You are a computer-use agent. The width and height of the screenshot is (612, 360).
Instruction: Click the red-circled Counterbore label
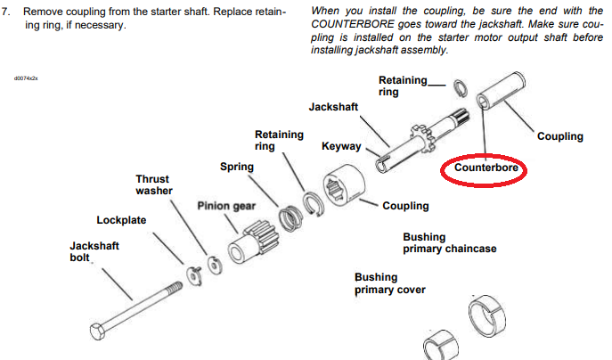tap(486, 167)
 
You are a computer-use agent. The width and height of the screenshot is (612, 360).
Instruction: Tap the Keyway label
tap(340, 145)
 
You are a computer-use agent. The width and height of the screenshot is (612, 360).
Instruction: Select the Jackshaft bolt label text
tap(94, 251)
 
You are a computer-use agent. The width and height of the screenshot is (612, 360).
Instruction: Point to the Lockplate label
tap(121, 220)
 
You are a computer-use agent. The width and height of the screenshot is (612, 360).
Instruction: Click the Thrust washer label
tap(152, 184)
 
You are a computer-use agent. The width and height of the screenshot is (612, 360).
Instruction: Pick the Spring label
tap(237, 167)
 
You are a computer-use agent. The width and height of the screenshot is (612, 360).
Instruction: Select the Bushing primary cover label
tap(390, 283)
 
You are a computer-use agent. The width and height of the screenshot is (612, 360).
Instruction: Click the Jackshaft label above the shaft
tap(333, 107)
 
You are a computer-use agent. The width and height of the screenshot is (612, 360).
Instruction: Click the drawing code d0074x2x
tap(26, 78)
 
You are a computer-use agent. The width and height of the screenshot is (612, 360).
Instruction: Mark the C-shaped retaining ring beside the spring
tap(313, 204)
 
